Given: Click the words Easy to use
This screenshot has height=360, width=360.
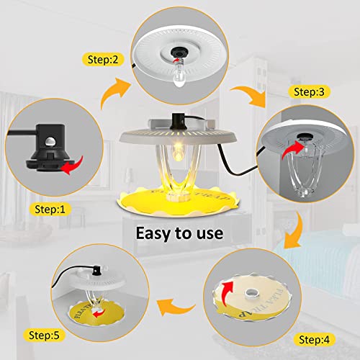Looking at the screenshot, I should point(180,234).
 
